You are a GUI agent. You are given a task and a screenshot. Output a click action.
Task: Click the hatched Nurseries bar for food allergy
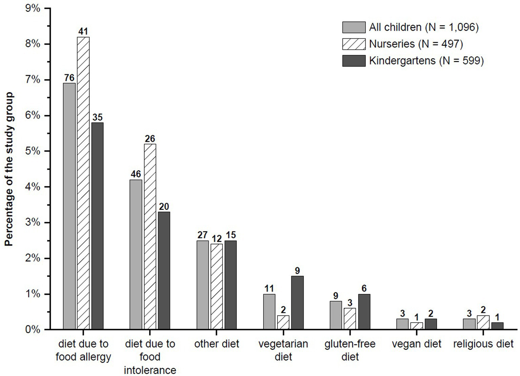83,183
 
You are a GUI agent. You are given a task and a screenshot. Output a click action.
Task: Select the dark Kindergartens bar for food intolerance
164,271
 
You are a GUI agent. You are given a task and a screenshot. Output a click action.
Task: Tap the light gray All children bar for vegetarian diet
269,312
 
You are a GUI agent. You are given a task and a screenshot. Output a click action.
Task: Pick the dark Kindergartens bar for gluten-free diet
364,312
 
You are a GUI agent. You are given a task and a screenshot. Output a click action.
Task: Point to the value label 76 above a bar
69,78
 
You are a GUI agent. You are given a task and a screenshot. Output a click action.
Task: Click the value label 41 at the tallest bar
83,31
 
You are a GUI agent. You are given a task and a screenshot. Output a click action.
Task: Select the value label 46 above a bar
136,174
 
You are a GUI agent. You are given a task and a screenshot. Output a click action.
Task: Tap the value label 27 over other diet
203,235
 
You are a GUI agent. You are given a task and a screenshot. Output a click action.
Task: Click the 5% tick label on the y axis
33,151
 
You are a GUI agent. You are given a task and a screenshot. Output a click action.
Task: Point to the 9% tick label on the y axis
33,8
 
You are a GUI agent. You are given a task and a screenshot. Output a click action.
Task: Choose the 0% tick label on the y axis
33,330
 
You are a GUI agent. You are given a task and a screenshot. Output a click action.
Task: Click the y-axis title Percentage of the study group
9,169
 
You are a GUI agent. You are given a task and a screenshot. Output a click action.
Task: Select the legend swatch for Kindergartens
354,61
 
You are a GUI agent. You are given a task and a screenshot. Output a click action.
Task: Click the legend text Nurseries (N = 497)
416,44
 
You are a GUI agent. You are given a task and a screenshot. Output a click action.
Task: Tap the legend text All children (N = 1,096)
424,27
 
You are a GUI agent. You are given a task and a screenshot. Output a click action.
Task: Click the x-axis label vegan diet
416,344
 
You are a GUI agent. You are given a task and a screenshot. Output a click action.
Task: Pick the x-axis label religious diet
483,344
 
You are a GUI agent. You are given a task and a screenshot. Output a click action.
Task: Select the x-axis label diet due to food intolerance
150,357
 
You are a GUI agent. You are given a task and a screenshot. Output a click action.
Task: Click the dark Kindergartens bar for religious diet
497,326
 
